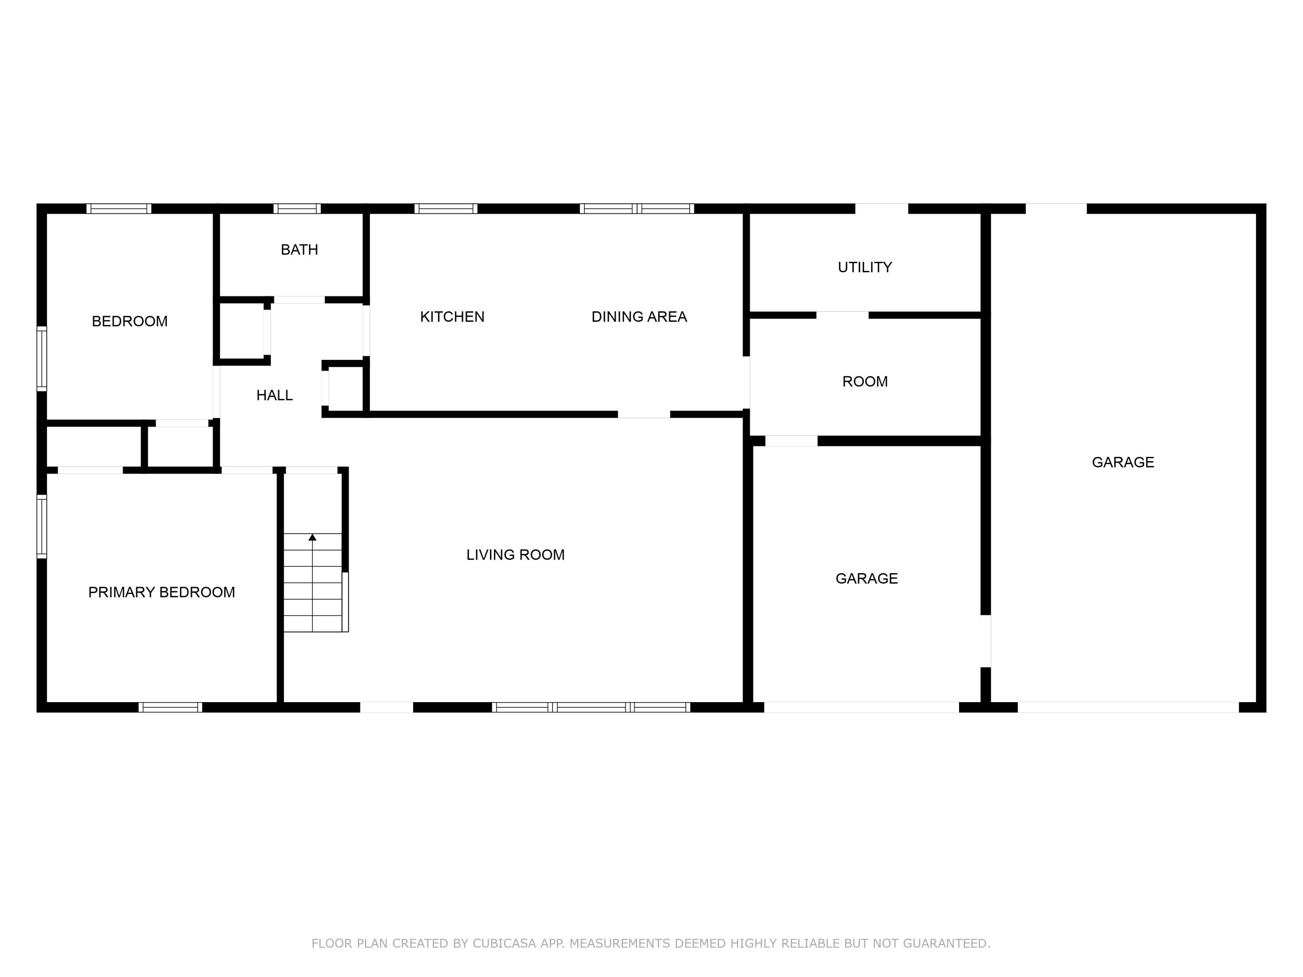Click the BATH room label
click(x=299, y=250)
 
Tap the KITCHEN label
click(x=452, y=317)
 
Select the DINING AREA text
click(x=639, y=317)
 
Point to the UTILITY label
click(x=864, y=267)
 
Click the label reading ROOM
click(x=865, y=382)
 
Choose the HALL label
click(x=274, y=396)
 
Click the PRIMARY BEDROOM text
click(x=162, y=592)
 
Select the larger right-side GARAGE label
click(x=1123, y=463)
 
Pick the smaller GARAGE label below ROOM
click(x=866, y=579)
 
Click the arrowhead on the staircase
click(x=312, y=537)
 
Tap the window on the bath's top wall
click(x=297, y=208)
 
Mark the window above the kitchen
click(x=446, y=208)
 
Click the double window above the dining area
click(x=637, y=208)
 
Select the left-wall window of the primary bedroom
click(x=42, y=526)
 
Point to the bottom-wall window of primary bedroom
click(x=170, y=707)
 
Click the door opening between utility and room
click(x=842, y=315)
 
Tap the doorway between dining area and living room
click(x=643, y=414)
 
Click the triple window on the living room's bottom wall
click(x=591, y=707)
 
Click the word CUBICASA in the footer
click(x=504, y=944)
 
